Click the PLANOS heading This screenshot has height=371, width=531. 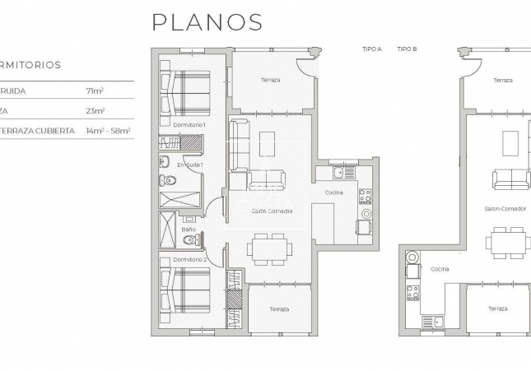coord(207,22)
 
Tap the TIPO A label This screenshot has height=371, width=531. coord(372,49)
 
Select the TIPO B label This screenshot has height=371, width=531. coord(407,49)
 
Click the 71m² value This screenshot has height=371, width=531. coord(94,90)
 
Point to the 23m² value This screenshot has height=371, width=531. coord(95,110)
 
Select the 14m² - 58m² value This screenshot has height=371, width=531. coord(108,131)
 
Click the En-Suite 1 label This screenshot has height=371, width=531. coord(190,165)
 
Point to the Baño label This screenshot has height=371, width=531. coord(189,230)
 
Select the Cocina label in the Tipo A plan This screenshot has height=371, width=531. coord(333,192)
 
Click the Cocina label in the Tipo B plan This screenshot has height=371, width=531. coord(440,268)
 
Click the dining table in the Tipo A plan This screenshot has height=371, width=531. coord(268,247)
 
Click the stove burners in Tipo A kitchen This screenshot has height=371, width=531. coord(365,197)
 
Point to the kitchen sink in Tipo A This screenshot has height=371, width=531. coord(338,173)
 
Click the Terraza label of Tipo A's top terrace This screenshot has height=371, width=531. coord(269,80)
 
